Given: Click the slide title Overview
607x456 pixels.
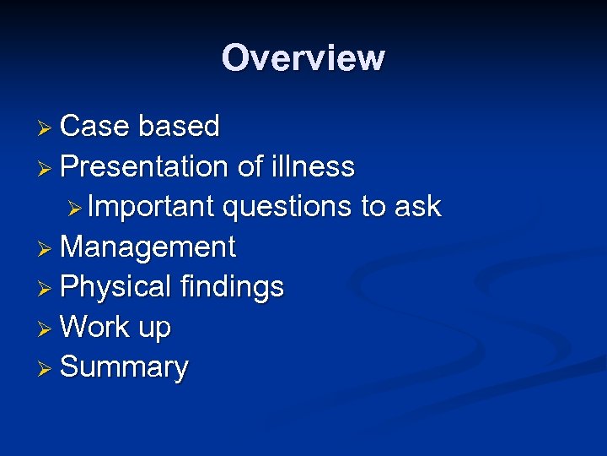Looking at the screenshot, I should (x=303, y=58).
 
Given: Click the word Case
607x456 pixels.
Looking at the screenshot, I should (x=94, y=127).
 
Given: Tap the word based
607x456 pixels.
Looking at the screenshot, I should (x=179, y=127).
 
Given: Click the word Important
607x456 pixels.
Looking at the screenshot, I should (x=151, y=207).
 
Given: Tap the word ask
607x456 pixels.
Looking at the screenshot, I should (x=416, y=207).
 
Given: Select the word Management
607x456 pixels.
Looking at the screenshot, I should (x=148, y=248).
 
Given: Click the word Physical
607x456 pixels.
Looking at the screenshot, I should (x=115, y=288).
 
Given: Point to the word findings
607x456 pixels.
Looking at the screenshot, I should (x=232, y=288).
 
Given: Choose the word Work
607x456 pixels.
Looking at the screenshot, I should (x=94, y=328).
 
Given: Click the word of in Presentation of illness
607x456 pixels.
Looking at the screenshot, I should (x=250, y=167).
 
